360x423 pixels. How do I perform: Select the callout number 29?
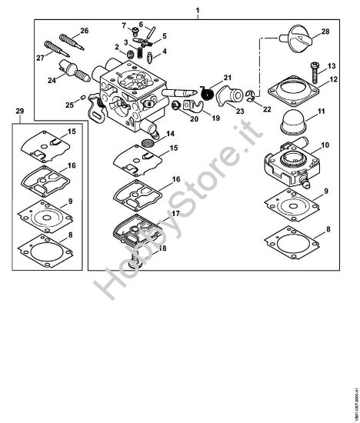[x=20, y=112]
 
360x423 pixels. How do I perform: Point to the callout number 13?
[x=333, y=66]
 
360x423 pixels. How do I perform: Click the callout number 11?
[x=322, y=112]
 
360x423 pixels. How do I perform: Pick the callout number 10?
[x=325, y=145]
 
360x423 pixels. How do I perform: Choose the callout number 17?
[x=176, y=213]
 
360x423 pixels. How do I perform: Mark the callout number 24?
[x=52, y=79]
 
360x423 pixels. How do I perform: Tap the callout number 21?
[x=228, y=78]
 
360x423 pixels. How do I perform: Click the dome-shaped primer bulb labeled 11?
[x=292, y=121]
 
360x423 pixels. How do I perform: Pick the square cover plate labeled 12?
[x=291, y=86]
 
